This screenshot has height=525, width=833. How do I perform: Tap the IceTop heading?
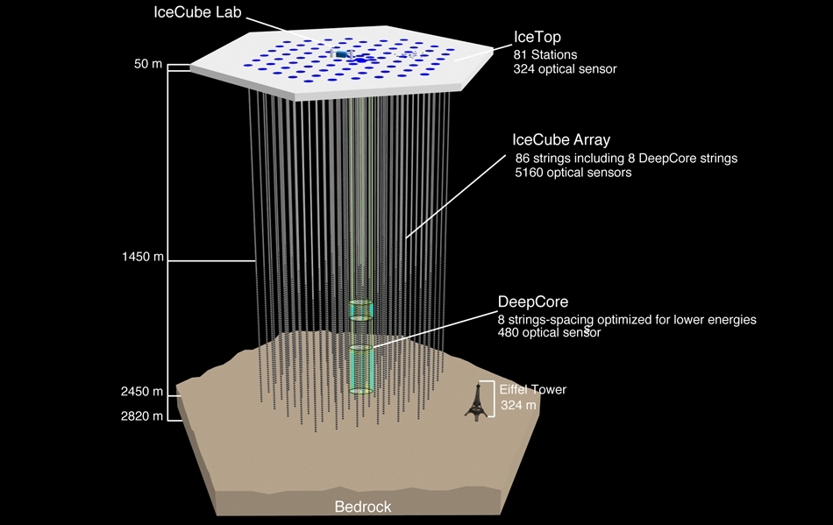537,37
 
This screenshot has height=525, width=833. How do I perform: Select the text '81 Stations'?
545,54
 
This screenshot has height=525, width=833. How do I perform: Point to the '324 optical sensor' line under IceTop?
565,68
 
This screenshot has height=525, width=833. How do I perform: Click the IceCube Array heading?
561,139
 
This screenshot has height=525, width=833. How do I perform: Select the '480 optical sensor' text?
549,333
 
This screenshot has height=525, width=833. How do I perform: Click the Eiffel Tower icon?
476,403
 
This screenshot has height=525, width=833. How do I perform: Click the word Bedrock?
363,507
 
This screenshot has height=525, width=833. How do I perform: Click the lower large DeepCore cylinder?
362,368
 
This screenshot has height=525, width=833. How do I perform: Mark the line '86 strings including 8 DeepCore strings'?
626,159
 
